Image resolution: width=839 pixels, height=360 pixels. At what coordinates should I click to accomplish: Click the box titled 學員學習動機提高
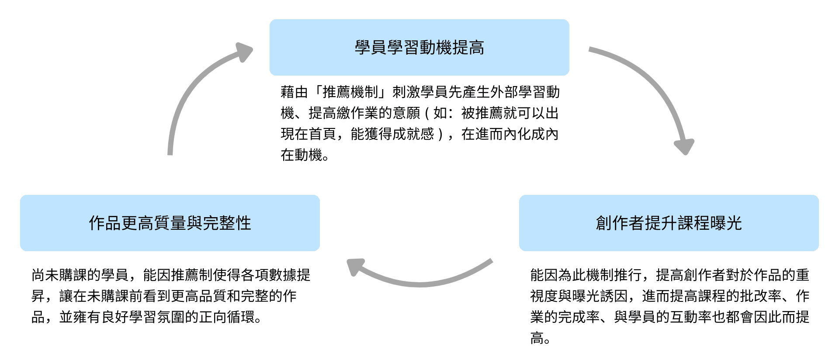[419, 47]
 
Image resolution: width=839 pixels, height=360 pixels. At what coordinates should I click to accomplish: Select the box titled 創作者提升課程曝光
[669, 223]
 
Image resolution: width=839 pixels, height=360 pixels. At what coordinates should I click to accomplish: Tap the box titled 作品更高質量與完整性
[170, 223]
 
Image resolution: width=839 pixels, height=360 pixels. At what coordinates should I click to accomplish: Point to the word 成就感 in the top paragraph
[413, 134]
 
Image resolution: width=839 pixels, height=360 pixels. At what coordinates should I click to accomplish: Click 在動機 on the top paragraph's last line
[301, 155]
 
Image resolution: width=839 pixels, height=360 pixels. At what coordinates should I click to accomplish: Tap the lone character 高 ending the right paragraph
[537, 338]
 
